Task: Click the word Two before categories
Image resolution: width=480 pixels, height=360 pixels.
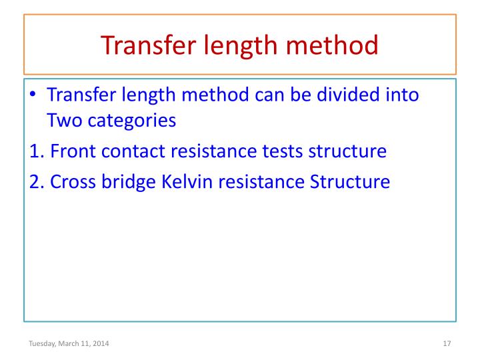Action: pyautogui.click(x=64, y=122)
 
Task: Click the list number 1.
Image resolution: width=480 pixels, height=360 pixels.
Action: pyautogui.click(x=36, y=151)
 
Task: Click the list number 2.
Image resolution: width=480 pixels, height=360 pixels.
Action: pyautogui.click(x=36, y=181)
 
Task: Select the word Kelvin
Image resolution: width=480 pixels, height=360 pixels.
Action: pyautogui.click(x=185, y=181)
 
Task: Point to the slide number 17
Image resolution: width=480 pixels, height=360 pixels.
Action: pyautogui.click(x=447, y=343)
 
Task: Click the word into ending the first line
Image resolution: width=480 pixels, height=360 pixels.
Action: pyautogui.click(x=401, y=95)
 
